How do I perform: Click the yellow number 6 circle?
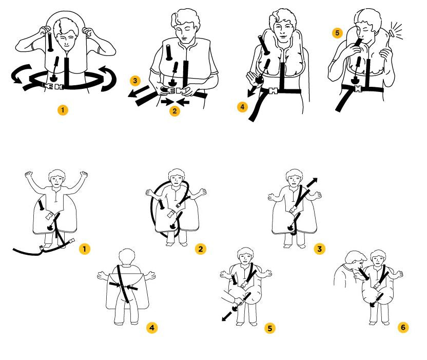tap(403, 327)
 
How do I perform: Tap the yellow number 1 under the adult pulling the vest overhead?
tap(63, 110)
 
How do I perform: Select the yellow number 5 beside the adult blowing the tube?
tap(337, 33)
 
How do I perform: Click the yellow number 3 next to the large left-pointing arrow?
tap(135, 81)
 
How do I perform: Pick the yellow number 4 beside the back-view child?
tap(152, 327)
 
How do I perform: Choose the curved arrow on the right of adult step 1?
tap(109, 78)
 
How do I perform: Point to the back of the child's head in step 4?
tap(127, 256)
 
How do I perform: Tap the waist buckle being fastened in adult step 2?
tap(174, 91)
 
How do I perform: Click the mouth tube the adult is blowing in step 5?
tap(357, 44)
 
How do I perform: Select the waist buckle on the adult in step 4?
tap(273, 91)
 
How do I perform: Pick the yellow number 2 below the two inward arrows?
tap(174, 111)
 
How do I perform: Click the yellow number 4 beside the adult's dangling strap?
tap(242, 107)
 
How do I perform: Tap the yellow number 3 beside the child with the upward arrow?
tap(319, 249)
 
